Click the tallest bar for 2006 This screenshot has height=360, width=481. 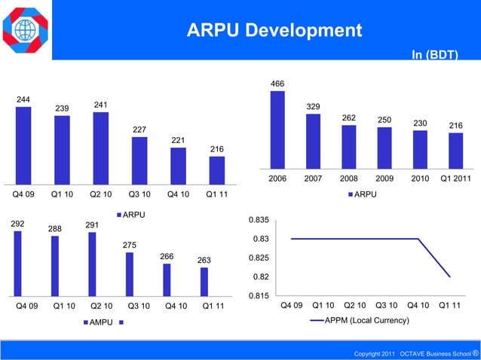[x=277, y=130]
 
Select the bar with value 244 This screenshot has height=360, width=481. [x=23, y=145]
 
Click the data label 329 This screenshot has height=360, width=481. [x=313, y=107]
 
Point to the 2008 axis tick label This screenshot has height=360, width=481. [x=348, y=179]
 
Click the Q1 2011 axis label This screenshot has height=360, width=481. [x=455, y=179]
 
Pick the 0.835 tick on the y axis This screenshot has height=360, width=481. [x=259, y=220]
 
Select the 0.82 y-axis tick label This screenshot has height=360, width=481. [x=261, y=277]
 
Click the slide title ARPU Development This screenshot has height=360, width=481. [x=274, y=31]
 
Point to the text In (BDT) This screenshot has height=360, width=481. [x=434, y=54]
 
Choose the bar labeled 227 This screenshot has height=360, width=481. [x=139, y=160]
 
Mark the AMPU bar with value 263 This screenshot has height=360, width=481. [x=204, y=281]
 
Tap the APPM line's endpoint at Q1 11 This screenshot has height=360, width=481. [x=450, y=277]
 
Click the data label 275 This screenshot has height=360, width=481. [x=130, y=245]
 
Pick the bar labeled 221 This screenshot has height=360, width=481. [x=178, y=165]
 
